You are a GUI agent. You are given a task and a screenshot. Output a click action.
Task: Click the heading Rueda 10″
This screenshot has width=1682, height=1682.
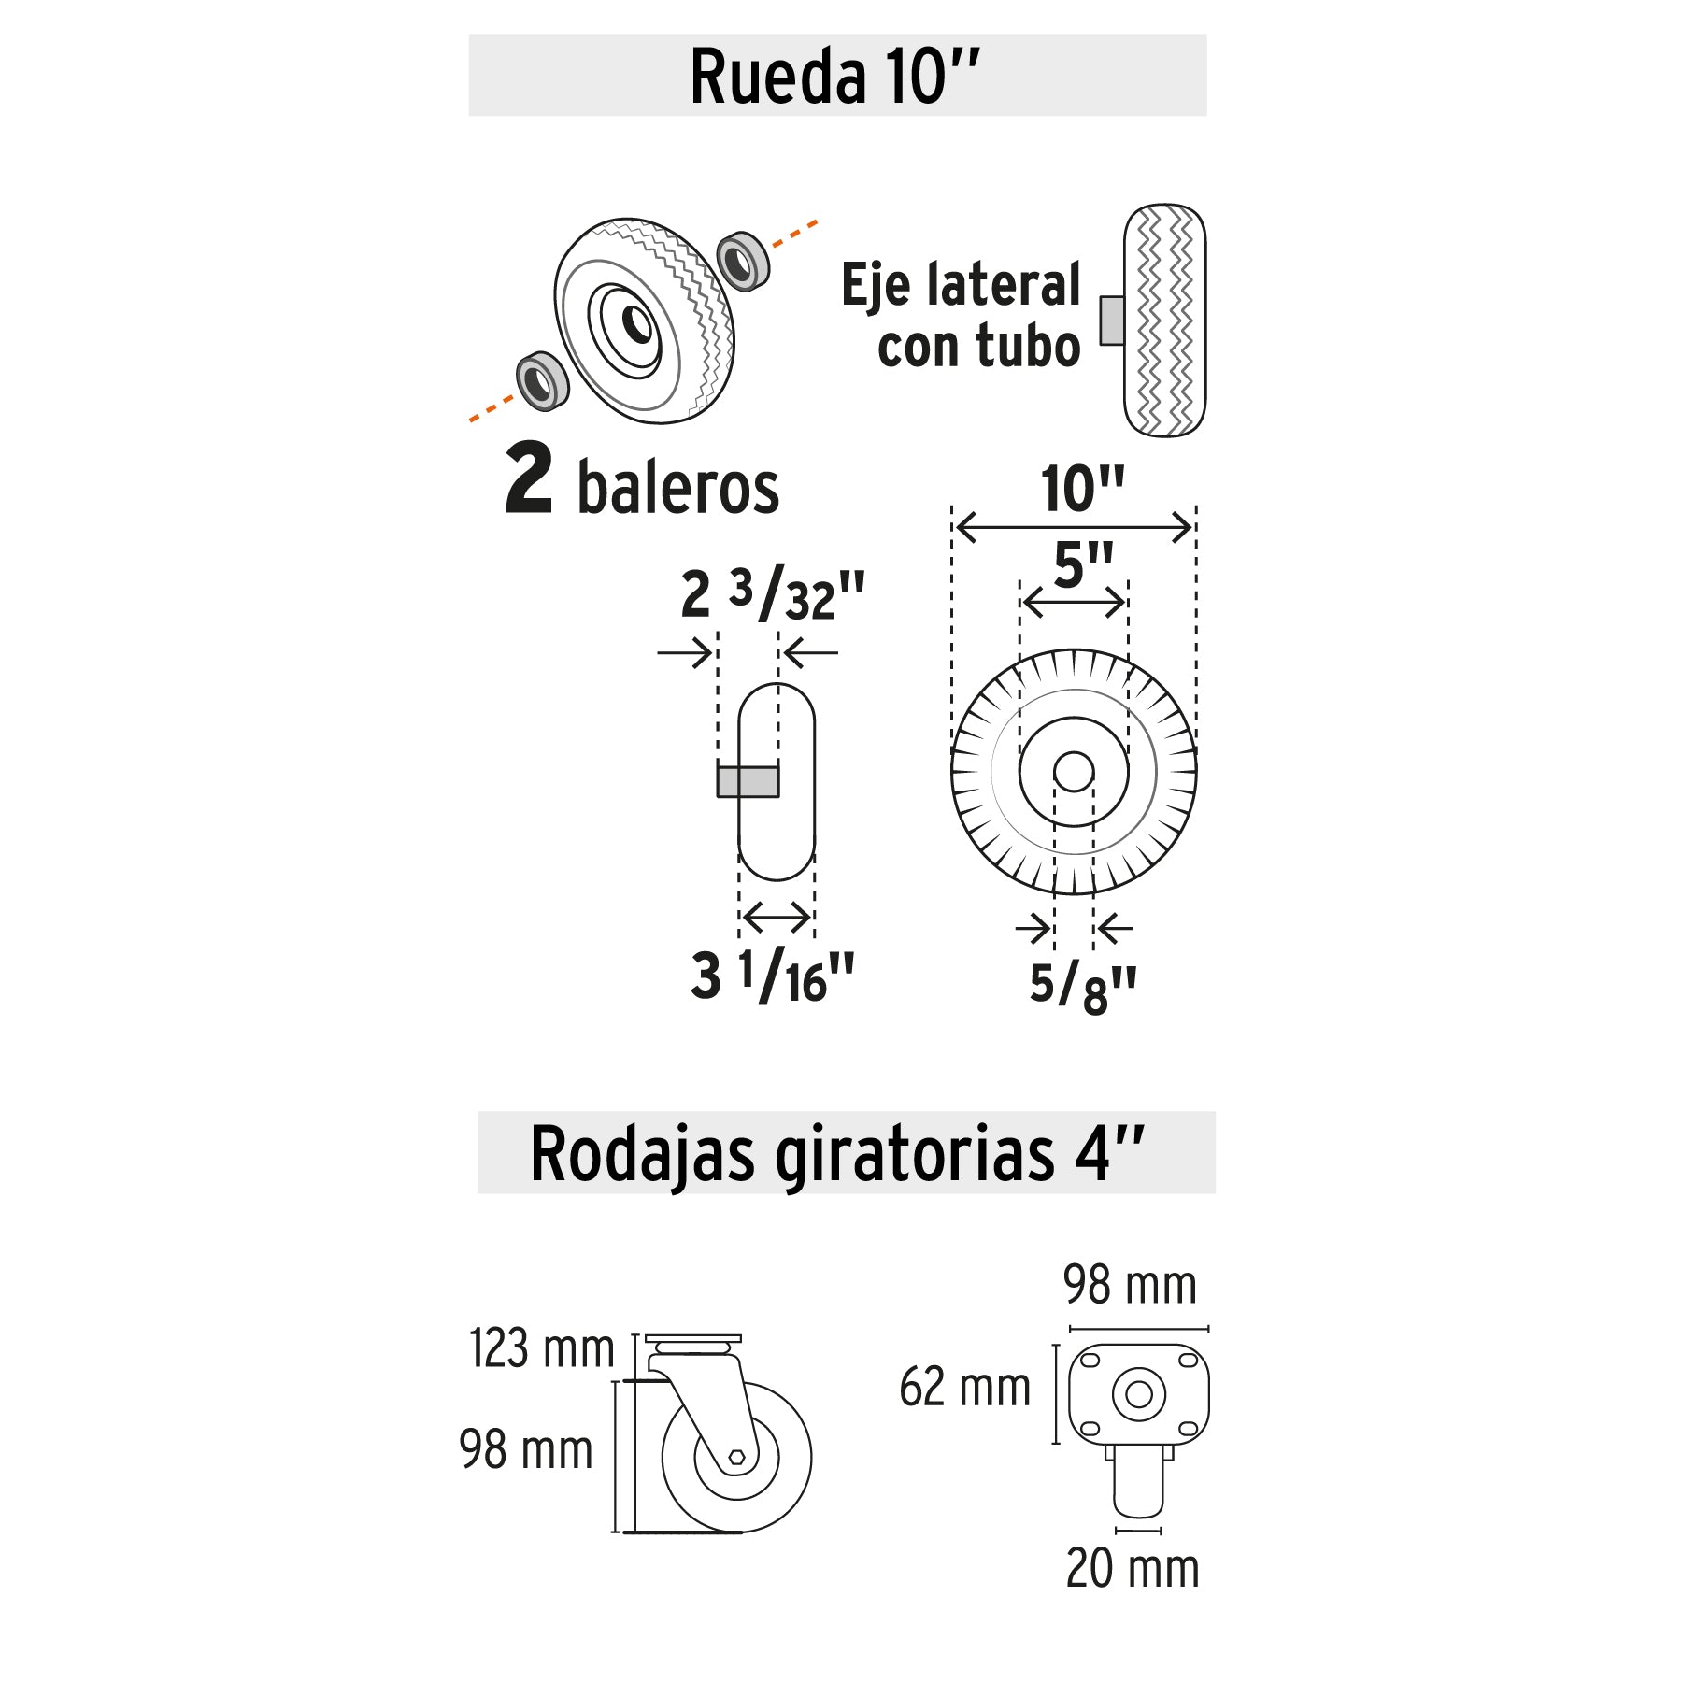click(834, 76)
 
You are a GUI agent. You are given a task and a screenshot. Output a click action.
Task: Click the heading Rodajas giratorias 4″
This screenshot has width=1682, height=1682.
click(837, 1155)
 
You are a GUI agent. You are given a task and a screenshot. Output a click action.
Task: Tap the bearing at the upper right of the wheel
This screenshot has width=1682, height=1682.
click(743, 261)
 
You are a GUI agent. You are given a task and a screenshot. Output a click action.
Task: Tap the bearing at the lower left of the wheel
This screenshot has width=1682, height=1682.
click(543, 380)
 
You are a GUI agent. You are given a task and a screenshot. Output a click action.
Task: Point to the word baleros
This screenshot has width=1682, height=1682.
click(678, 487)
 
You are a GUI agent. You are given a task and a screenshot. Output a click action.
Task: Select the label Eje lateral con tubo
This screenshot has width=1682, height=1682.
click(961, 315)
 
